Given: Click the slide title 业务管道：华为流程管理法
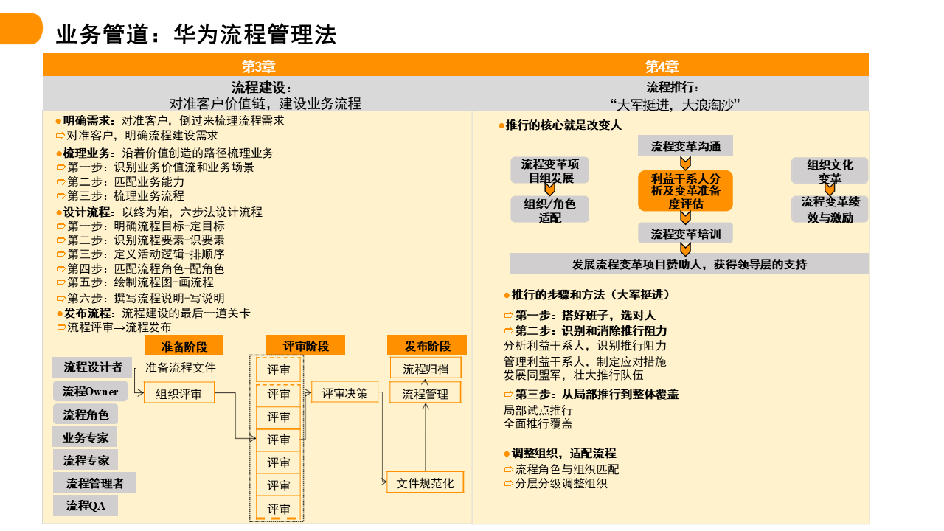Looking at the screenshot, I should [196, 34].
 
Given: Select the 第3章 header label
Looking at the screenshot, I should [258, 66].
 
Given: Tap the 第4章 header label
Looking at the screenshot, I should [662, 66].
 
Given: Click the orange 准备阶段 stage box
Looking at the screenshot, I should [184, 347].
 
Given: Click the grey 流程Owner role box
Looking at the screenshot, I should [90, 391].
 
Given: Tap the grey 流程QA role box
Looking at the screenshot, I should [85, 506].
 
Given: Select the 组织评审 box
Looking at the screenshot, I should [178, 394].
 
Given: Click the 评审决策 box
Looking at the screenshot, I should [344, 393].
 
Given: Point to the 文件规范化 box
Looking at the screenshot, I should [425, 483].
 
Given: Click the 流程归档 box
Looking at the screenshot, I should [425, 369].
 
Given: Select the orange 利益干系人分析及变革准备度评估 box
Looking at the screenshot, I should [685, 191].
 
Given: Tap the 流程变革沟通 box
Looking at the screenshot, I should [685, 146].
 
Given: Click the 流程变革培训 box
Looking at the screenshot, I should [685, 234].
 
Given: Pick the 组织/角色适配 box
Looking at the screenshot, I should [550, 209].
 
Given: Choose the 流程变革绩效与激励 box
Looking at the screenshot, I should [830, 209].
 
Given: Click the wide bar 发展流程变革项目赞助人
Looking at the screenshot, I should [689, 264].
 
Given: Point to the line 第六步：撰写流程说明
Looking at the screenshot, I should [146, 299].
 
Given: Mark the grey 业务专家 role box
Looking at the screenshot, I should [86, 437].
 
